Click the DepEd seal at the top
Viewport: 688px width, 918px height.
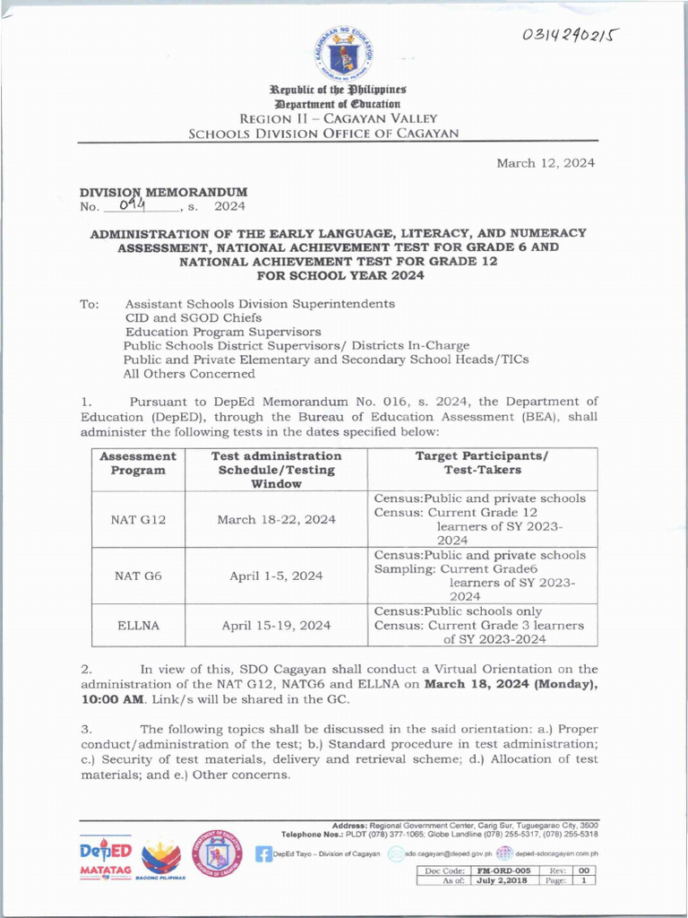(x=344, y=55)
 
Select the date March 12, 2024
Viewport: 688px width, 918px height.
(x=546, y=163)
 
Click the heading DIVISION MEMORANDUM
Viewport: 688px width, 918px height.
(x=163, y=192)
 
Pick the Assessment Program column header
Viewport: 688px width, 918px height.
(x=138, y=463)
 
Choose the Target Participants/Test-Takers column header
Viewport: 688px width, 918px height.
(x=482, y=463)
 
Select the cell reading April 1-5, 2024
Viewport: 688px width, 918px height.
(x=276, y=576)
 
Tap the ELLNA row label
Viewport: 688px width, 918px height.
(x=138, y=626)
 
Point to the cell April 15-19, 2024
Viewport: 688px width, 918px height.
(x=276, y=626)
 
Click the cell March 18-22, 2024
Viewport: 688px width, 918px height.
(x=276, y=519)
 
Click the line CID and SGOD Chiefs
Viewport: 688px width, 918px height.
(x=193, y=317)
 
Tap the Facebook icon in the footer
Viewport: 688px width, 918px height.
(x=263, y=853)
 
